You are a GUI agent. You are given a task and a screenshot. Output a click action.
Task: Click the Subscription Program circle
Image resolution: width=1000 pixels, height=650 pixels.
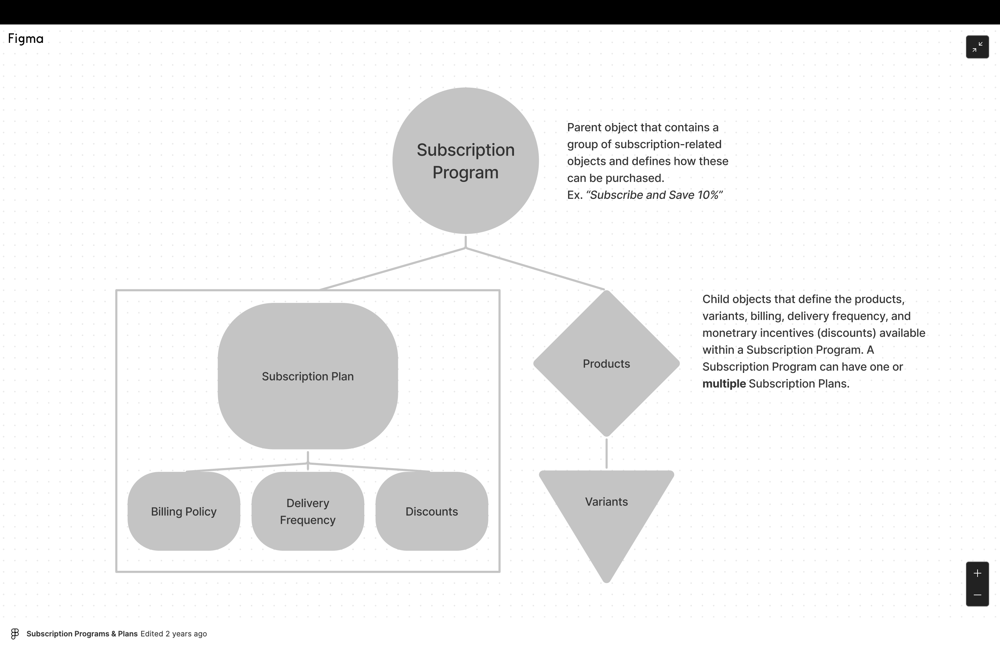tap(466, 160)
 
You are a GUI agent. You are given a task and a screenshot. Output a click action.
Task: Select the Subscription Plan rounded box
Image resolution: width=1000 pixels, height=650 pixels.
tap(307, 376)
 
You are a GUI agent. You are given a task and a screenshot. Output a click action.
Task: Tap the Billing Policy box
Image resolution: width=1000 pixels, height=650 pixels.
tap(184, 511)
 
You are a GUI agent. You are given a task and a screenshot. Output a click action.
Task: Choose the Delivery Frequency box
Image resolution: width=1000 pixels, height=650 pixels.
tap(307, 511)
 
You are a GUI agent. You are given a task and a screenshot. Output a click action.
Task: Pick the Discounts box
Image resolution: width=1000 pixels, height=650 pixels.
tap(432, 511)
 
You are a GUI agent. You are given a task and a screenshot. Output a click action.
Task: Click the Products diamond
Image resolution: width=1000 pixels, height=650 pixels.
tap(606, 363)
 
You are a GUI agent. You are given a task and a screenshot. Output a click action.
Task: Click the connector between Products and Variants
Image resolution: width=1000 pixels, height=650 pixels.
tap(606, 454)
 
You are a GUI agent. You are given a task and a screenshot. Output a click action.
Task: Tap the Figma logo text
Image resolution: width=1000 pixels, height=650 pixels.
tap(26, 39)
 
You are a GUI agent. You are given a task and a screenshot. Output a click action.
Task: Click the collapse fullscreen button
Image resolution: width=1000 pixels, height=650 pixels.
tap(977, 47)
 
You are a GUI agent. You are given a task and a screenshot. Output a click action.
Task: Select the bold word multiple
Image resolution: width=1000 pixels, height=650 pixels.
tap(724, 384)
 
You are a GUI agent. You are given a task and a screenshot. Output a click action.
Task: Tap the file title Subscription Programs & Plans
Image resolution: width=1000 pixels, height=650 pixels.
tap(82, 634)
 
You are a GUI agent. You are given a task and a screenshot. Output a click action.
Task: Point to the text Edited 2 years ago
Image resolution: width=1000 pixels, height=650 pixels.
tap(173, 634)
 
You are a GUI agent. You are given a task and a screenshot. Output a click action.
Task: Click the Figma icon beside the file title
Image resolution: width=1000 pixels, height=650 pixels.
tap(15, 634)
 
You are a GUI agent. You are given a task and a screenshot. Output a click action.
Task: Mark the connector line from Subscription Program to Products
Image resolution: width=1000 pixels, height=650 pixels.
tap(535, 269)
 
